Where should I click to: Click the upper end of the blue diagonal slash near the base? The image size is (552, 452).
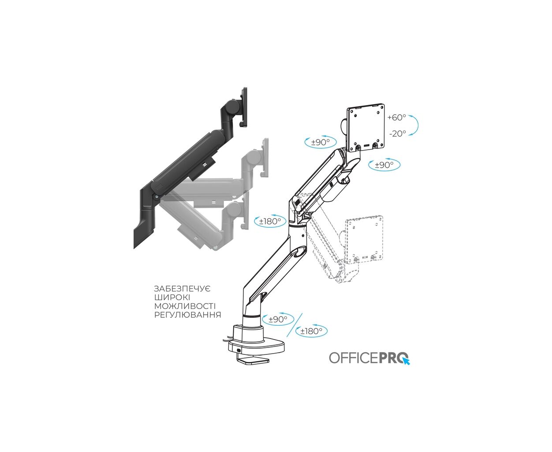pos(302,313)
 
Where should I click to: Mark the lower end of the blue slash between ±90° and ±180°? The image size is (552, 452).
pos(287,337)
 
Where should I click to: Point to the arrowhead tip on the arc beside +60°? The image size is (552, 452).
pos(408,116)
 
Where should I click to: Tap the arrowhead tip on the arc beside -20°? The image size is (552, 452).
pos(409,135)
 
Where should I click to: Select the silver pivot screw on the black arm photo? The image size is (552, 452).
pos(157,196)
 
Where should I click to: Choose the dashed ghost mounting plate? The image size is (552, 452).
pos(364,238)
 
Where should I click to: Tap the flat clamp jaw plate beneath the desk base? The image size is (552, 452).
pos(253,361)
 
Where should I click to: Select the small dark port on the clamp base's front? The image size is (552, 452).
pos(239,350)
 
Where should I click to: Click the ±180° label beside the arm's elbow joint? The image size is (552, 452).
pos(270,222)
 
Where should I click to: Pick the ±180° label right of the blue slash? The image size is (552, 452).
pos(311,331)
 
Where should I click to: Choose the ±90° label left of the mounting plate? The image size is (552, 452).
pos(321,142)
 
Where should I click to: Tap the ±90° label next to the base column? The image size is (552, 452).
pos(278,319)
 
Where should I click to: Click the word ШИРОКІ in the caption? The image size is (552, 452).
pos(172,298)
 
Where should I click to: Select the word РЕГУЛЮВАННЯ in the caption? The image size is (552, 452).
pos(187,315)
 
